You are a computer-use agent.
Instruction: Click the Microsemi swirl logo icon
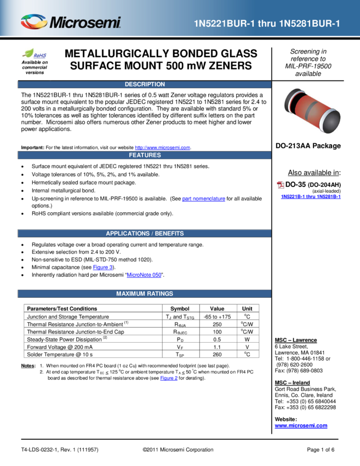34,22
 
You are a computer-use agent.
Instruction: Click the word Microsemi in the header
85,23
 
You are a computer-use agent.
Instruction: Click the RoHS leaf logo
35,54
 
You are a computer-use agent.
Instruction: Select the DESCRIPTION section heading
145,84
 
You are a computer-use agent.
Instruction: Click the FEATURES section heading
145,155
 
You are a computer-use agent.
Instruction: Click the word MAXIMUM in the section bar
130,294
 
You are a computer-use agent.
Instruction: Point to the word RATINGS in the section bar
160,294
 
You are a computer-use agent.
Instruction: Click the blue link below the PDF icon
311,196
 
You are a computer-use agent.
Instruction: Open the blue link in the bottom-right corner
301,426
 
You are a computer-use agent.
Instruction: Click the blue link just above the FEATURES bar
162,147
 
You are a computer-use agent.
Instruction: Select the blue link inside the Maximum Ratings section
169,378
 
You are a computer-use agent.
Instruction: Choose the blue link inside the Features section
203,199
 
